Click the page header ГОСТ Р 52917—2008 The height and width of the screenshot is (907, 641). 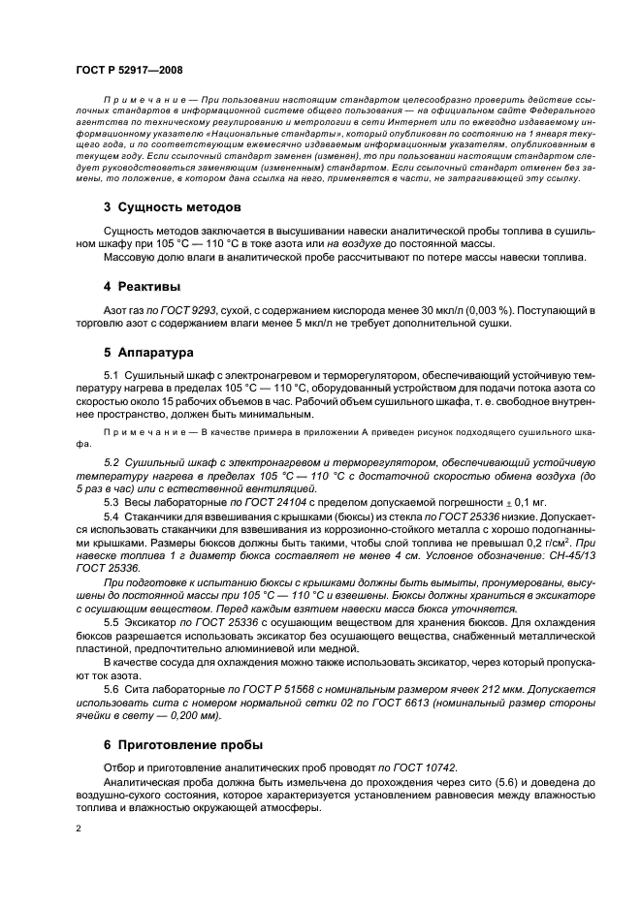click(128, 70)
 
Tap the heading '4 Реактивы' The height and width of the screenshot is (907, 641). click(143, 286)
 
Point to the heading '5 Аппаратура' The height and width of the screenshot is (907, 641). click(150, 353)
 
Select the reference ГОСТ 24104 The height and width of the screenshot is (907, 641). click(260, 503)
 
